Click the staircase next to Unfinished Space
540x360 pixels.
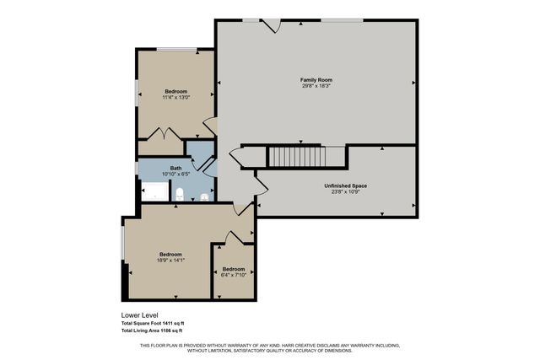click(x=295, y=156)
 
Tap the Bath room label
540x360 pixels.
click(x=175, y=168)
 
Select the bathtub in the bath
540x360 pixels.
click(x=154, y=191)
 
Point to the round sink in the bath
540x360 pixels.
click(x=205, y=199)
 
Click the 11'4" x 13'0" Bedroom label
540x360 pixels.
click(x=175, y=91)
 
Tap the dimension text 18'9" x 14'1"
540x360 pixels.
click(x=170, y=261)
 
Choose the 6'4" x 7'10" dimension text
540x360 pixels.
click(x=234, y=274)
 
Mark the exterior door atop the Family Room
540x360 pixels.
click(x=271, y=25)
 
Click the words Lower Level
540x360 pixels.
click(x=140, y=315)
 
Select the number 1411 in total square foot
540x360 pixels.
click(x=172, y=324)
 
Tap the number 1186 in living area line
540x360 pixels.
click(x=170, y=330)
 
